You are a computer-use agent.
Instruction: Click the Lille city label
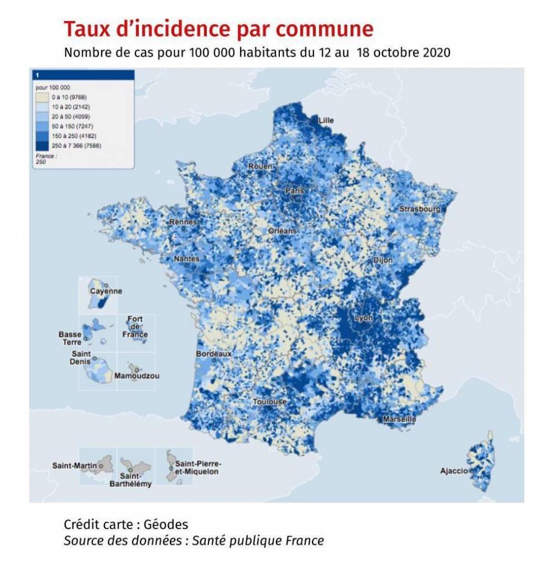[x=326, y=121]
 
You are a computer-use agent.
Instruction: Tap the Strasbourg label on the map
[x=420, y=209]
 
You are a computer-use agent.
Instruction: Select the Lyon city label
[x=364, y=318]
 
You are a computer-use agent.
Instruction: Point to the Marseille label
[x=399, y=419]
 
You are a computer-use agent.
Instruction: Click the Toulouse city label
[x=270, y=402]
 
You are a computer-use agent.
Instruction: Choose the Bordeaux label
[x=214, y=354]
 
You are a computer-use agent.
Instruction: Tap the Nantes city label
[x=187, y=259]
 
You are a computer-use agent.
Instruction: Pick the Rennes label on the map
[x=183, y=222]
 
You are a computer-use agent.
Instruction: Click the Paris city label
[x=294, y=191]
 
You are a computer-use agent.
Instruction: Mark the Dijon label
[x=383, y=261]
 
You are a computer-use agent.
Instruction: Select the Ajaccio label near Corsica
[x=454, y=471]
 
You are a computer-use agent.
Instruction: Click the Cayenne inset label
[x=106, y=291]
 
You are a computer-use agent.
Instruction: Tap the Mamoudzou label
[x=136, y=376]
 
